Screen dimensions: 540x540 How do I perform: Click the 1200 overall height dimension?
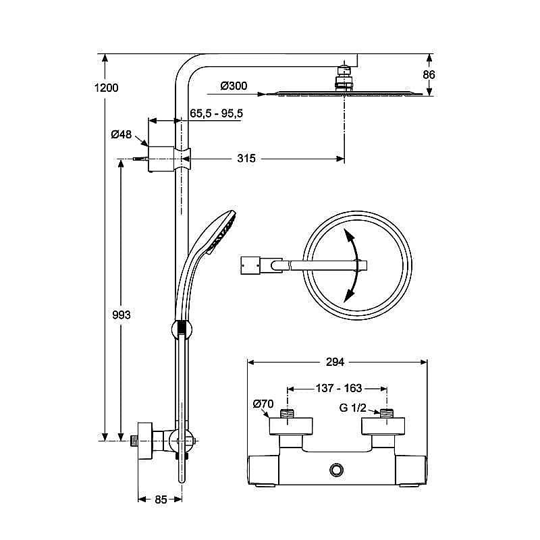[107, 88]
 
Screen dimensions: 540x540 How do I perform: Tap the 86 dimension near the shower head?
[429, 74]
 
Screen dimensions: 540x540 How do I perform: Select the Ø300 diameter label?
[234, 86]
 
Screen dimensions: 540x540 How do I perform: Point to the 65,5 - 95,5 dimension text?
[216, 113]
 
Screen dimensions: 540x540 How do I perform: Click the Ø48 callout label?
[122, 134]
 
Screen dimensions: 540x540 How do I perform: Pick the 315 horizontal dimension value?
[246, 159]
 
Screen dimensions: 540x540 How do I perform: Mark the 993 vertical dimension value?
[122, 315]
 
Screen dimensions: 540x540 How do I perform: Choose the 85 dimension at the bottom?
[161, 500]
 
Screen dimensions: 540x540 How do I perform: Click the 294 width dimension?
[335, 362]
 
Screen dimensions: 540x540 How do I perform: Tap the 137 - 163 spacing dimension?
[339, 389]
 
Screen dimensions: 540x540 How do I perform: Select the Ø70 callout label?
[263, 404]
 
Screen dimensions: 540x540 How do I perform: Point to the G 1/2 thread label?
[352, 408]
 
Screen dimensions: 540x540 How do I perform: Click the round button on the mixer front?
[337, 470]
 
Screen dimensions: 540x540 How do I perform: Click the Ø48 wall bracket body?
[161, 159]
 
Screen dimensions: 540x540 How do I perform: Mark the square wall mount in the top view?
[250, 265]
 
